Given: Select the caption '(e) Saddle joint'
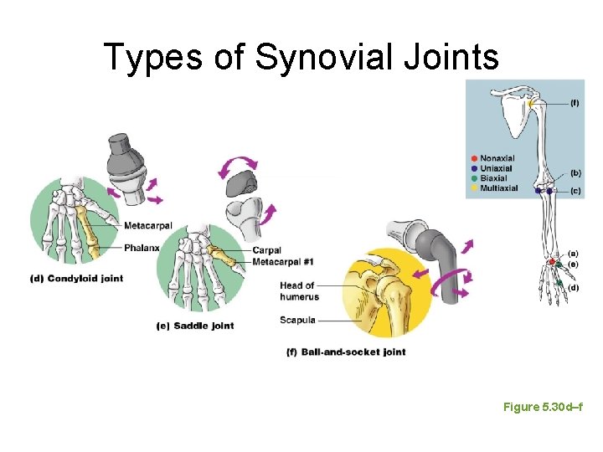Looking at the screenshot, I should point(194,325).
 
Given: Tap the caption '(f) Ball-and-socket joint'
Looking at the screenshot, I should point(346,352).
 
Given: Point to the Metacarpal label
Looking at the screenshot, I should point(149,225).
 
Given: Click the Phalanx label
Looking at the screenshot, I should point(141,247).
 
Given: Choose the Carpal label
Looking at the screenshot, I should point(265,249).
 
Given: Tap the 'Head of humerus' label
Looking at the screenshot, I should point(297,291).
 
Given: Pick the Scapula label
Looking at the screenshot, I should point(298,320).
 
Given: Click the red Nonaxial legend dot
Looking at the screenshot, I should point(474,157).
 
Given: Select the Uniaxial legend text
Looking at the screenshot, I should point(497,167).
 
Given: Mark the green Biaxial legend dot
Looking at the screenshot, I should point(474,177).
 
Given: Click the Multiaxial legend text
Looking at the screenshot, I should point(500,187).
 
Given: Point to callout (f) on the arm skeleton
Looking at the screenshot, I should point(575,103).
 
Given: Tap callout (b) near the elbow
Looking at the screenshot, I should point(575,173).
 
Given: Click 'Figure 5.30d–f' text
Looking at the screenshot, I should point(543,406).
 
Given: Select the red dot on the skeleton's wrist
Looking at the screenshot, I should point(550,263).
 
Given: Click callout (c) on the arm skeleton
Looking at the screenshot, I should point(575,191).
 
